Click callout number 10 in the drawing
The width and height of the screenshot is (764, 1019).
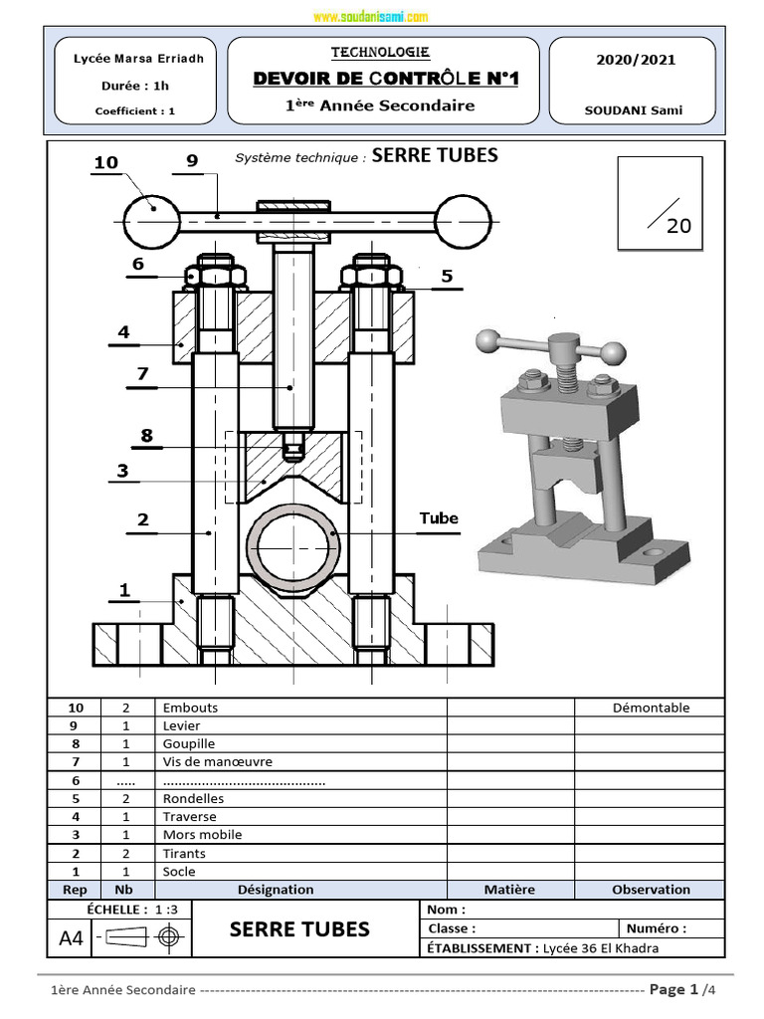coord(106,162)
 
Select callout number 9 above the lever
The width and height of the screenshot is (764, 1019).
coord(192,161)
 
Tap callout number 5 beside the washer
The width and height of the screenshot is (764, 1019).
coord(447,276)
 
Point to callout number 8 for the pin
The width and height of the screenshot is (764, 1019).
coord(147,435)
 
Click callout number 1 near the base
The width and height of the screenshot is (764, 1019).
coord(124,590)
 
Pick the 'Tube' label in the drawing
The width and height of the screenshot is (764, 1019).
coord(439,517)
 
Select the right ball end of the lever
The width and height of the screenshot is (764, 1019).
coord(464,215)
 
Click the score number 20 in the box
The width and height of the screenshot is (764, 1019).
coord(678,226)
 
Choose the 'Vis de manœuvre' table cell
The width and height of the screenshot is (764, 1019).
coord(217,762)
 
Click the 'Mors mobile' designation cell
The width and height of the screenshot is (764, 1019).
coord(202,835)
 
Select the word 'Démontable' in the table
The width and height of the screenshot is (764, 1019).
coord(651,708)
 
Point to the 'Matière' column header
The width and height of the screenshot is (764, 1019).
coord(509,890)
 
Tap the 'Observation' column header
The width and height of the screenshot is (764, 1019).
coord(651,890)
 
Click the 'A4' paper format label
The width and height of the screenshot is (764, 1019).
coord(72,937)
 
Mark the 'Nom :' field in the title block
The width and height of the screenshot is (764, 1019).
coord(446,910)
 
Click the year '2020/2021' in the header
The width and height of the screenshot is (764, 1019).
coord(635,60)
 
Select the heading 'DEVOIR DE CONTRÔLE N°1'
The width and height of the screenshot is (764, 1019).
coord(386,79)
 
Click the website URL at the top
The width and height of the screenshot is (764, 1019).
coord(370,17)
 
